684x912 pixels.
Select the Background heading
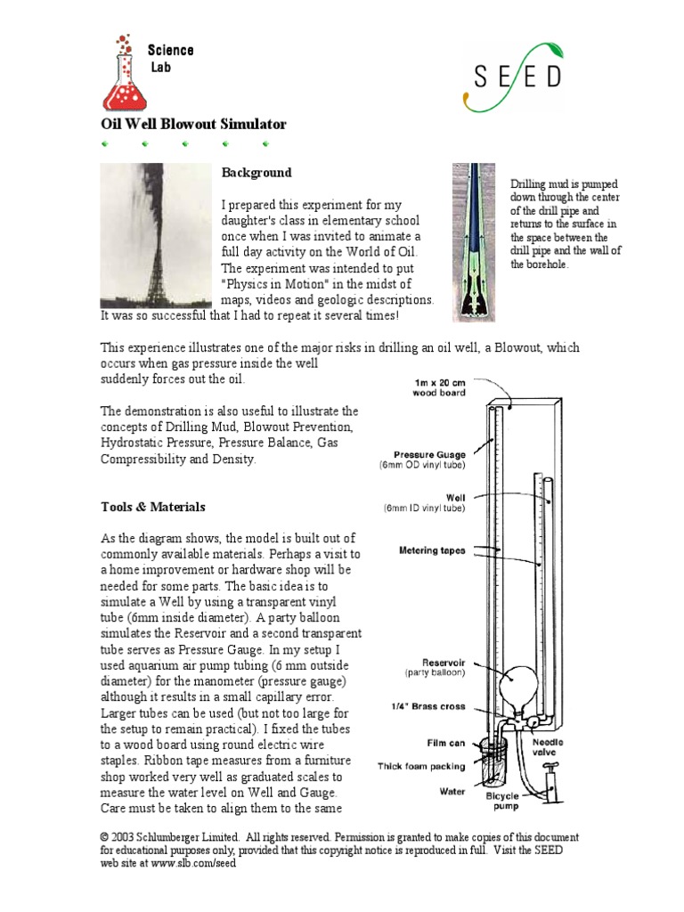(256, 172)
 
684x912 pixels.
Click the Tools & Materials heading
(152, 507)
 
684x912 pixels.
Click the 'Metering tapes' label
(432, 550)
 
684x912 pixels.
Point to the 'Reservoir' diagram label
(441, 663)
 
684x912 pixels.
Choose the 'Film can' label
(444, 741)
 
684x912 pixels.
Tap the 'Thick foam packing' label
(421, 766)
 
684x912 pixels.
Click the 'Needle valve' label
(548, 747)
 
